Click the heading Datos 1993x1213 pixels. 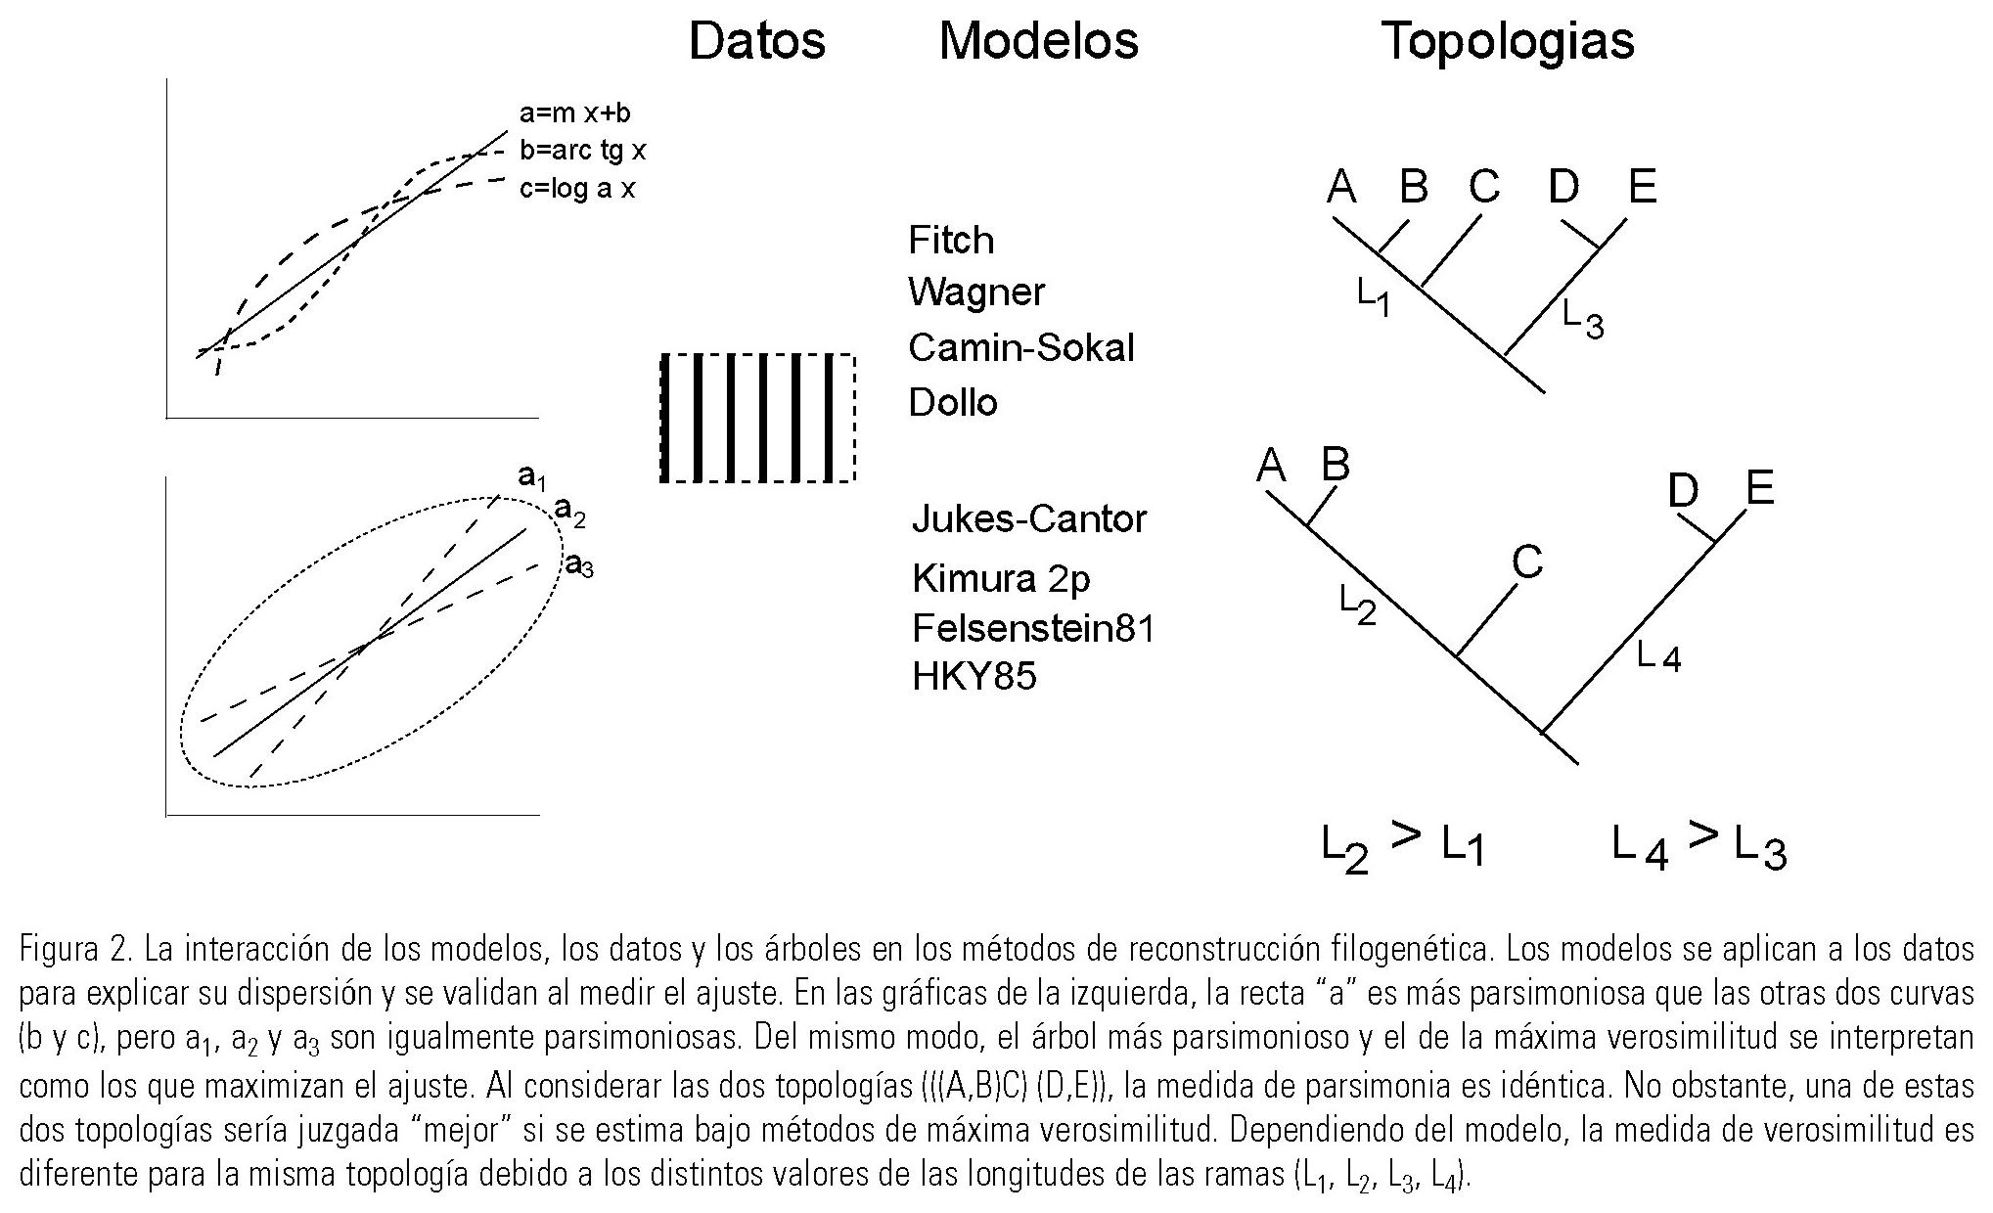click(756, 41)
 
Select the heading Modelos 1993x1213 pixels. click(1038, 41)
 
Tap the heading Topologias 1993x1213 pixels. click(1507, 41)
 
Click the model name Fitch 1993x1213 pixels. click(950, 241)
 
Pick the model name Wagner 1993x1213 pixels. click(975, 292)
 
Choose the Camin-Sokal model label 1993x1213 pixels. click(1020, 347)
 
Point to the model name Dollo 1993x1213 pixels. click(952, 402)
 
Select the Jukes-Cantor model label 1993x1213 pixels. click(1028, 517)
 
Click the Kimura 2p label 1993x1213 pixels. click(1000, 578)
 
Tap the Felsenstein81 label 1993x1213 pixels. click(1033, 628)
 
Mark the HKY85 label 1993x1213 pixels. click(974, 676)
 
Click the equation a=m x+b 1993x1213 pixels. click(574, 113)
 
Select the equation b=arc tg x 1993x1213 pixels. click(582, 151)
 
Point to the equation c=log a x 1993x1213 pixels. click(576, 188)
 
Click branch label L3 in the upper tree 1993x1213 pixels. click(1582, 318)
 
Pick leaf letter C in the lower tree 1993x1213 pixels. click(1526, 562)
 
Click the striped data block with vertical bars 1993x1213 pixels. click(758, 418)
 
